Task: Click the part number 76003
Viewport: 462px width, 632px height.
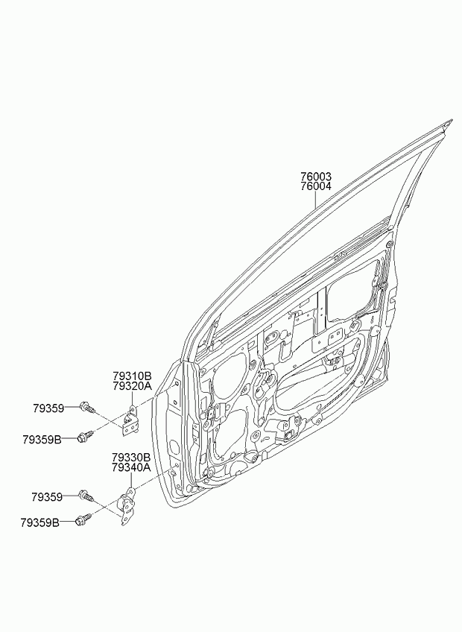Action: click(316, 177)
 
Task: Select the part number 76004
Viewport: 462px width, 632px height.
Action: click(316, 186)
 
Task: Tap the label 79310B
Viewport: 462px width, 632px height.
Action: click(132, 376)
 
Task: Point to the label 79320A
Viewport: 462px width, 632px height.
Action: click(132, 386)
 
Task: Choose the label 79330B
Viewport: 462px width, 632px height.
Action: click(131, 458)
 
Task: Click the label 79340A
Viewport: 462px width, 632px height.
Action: click(131, 467)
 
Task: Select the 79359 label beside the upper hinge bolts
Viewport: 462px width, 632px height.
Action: click(48, 408)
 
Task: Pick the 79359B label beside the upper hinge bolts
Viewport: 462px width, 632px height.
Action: click(42, 439)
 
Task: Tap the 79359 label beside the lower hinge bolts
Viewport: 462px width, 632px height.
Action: click(47, 497)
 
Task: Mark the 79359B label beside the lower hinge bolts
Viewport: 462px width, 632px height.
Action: click(40, 523)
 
